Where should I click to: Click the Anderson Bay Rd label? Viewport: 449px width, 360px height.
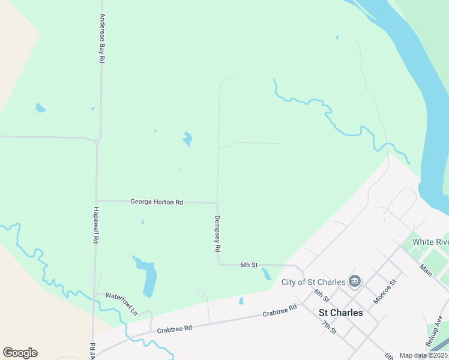103,39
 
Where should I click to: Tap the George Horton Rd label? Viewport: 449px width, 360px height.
157,202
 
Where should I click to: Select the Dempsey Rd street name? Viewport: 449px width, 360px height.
218,233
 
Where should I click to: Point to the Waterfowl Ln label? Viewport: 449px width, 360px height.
122,296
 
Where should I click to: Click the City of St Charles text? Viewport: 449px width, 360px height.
313,282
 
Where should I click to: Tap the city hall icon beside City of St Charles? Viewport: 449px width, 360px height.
355,281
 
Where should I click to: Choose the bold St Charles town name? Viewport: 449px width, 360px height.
340,313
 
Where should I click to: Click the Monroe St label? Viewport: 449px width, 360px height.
385,290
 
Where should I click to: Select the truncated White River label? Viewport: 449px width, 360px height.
430,242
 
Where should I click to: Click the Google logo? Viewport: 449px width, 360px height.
20,353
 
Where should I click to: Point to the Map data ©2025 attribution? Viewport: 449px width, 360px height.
423,355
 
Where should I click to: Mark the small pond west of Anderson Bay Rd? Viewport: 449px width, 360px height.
40,108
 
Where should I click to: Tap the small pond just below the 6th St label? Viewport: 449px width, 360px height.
266,274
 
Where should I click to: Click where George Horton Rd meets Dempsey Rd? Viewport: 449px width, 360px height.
217,202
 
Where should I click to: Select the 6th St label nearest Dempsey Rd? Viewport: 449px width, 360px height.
249,265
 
